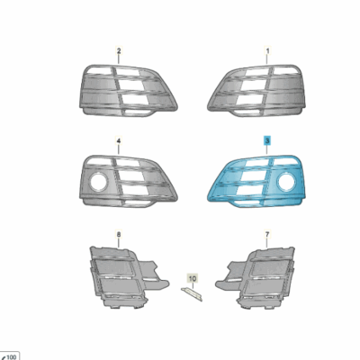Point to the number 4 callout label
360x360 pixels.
pos(119,142)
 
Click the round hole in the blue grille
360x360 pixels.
pos(286,184)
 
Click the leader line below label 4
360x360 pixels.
pos(119,150)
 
